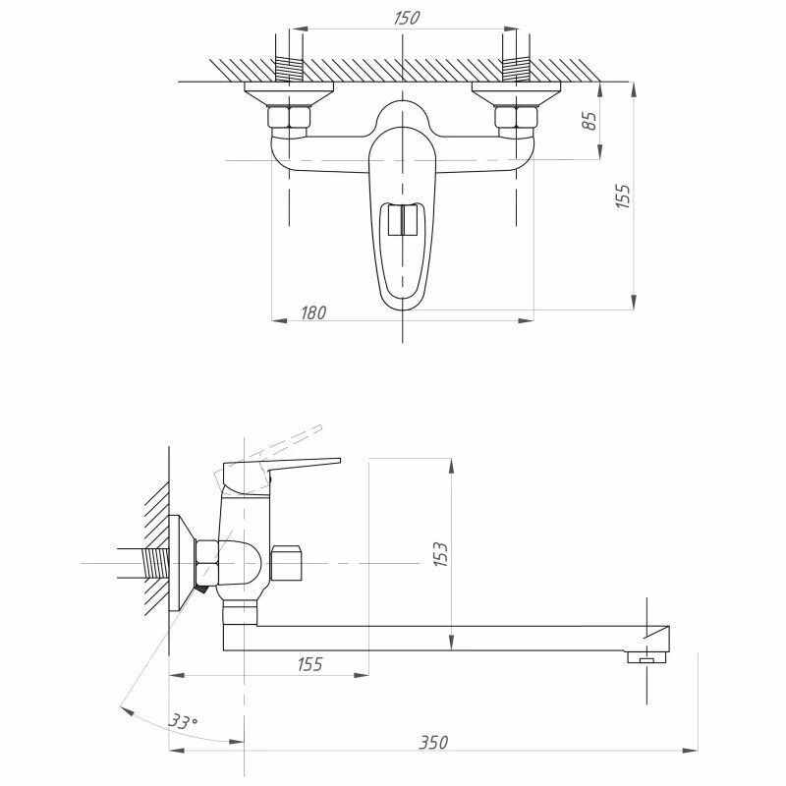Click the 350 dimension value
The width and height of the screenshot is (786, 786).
pos(432,743)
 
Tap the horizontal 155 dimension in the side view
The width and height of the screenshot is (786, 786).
pos(309,665)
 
